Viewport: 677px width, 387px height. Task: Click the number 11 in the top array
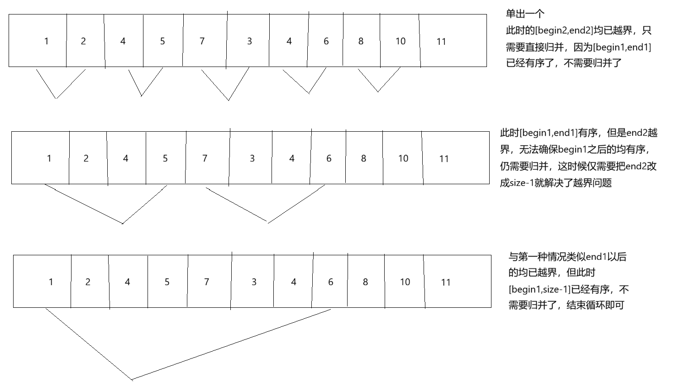(441, 42)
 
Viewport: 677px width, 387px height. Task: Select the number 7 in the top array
(202, 41)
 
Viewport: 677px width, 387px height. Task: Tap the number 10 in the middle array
(403, 158)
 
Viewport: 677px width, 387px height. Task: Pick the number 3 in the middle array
(252, 158)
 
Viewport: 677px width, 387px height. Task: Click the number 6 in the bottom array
(330, 282)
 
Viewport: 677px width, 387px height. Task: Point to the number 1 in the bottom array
(51, 282)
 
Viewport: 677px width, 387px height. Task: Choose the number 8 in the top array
(361, 41)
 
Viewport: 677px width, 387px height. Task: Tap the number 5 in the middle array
(165, 158)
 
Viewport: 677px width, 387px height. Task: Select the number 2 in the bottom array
(88, 282)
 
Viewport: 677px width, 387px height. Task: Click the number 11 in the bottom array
(446, 282)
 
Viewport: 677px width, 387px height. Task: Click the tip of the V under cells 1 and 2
(56, 98)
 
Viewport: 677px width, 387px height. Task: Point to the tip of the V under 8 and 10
(378, 92)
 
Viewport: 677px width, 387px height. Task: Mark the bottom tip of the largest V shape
(132, 379)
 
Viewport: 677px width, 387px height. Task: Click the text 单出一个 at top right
(525, 14)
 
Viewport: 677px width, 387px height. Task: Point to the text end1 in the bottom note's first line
(596, 257)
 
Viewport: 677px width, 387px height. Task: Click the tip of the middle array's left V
(123, 223)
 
